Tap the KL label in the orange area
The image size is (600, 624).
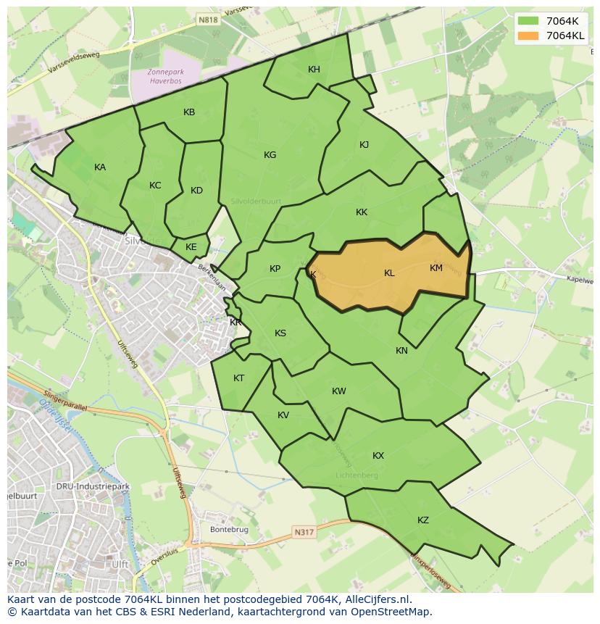coord(389,273)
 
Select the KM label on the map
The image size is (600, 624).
coord(436,268)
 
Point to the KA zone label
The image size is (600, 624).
coord(100,167)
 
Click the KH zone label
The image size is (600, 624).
coord(314,70)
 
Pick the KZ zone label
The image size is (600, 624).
coord(423,520)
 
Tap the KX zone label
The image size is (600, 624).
coord(378,456)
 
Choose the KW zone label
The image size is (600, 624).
coord(338,391)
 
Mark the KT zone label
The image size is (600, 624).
coord(238,378)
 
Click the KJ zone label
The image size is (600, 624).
coord(364,145)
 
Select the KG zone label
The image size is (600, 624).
coord(270,155)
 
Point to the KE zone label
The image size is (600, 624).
coord(191,247)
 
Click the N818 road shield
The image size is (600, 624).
coord(208,21)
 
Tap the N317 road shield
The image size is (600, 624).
coord(304,533)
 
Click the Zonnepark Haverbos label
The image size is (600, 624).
coord(167,76)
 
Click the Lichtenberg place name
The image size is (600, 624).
coord(357,475)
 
